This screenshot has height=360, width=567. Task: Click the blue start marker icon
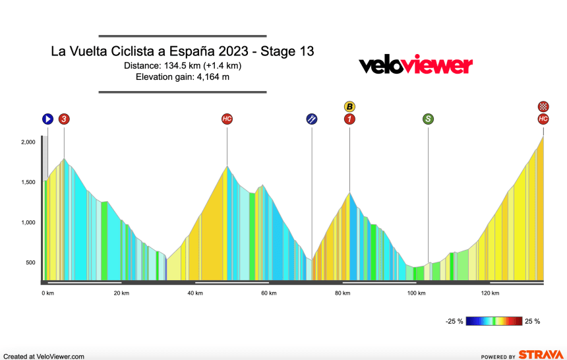click(47, 119)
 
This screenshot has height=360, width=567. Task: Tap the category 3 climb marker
click(64, 119)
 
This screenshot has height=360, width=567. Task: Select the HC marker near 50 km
click(227, 119)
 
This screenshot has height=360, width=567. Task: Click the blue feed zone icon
click(312, 119)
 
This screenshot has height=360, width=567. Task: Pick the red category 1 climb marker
click(349, 119)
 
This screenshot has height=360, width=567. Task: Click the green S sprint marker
click(428, 119)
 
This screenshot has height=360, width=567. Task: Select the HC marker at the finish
click(543, 119)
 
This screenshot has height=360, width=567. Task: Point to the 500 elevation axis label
click(30, 263)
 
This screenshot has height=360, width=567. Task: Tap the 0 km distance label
click(47, 293)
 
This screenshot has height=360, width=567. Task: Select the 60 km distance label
click(269, 293)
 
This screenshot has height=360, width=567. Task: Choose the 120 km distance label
click(490, 293)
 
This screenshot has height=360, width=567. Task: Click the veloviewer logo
click(415, 65)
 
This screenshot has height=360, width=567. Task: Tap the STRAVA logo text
click(540, 355)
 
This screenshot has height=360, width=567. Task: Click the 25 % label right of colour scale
click(533, 322)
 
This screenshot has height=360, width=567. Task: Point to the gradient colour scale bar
click(494, 322)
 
